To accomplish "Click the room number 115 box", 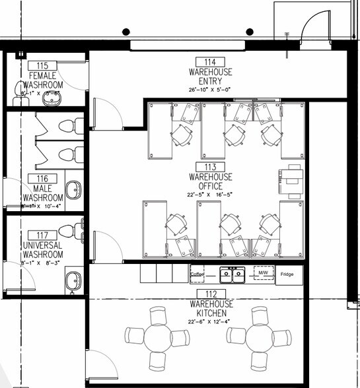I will [43, 66].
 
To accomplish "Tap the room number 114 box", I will [210, 61].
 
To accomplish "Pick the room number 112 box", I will [210, 294].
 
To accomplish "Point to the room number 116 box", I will [43, 179].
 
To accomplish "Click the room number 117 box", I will [43, 234].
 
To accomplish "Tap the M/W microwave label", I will [263, 273].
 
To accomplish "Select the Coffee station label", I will [198, 274].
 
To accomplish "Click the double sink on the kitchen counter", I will [232, 273].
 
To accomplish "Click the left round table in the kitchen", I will [157, 337].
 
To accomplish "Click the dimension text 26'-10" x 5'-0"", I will [210, 89].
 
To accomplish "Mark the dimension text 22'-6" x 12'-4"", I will [210, 321].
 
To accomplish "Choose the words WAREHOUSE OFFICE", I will [210, 181].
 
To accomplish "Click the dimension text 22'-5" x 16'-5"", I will [210, 195].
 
